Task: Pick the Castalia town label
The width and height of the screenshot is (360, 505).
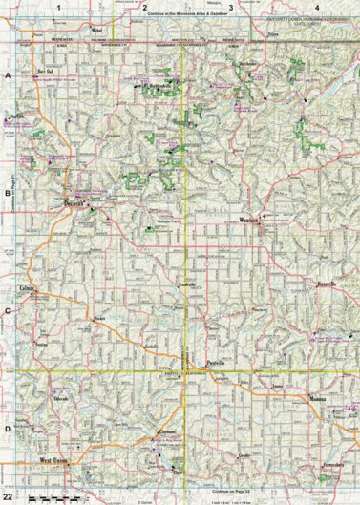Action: pyautogui.click(x=149, y=346)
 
